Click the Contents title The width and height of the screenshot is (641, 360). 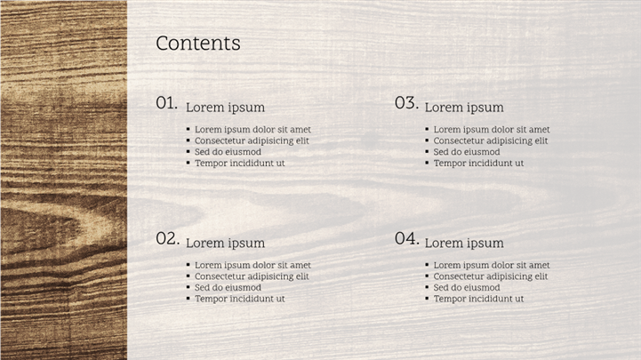[198, 43]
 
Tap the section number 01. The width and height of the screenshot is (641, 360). [167, 103]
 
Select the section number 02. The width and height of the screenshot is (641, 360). [168, 238]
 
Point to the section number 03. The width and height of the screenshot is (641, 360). [407, 103]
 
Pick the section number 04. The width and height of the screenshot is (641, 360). [407, 238]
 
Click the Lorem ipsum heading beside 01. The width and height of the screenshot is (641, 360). [225, 108]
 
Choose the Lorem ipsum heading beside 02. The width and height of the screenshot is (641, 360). [225, 244]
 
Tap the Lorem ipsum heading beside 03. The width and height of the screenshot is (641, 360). [464, 108]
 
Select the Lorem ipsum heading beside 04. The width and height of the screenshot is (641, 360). [464, 244]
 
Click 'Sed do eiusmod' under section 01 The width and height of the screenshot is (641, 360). [228, 152]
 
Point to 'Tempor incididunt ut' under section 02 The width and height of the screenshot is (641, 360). [239, 299]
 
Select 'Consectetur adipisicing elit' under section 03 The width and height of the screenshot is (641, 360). [491, 140]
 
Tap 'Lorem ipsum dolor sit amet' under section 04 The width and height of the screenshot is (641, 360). [492, 265]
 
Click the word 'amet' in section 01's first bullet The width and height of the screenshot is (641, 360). [300, 130]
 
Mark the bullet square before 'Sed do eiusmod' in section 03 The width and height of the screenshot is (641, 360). [427, 152]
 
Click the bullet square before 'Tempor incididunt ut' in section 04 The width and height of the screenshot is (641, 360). [427, 299]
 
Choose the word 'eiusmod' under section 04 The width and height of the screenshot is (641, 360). [483, 287]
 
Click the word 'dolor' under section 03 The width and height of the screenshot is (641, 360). [499, 130]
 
